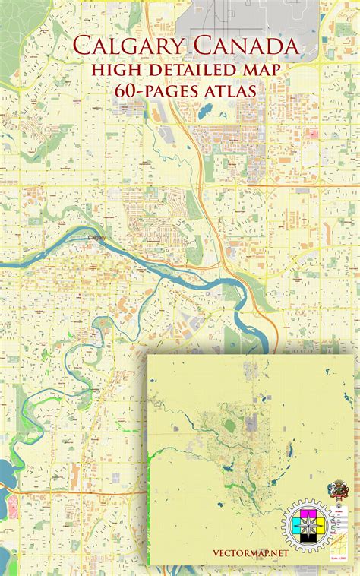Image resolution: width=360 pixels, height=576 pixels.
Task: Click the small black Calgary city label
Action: click(97, 238)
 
